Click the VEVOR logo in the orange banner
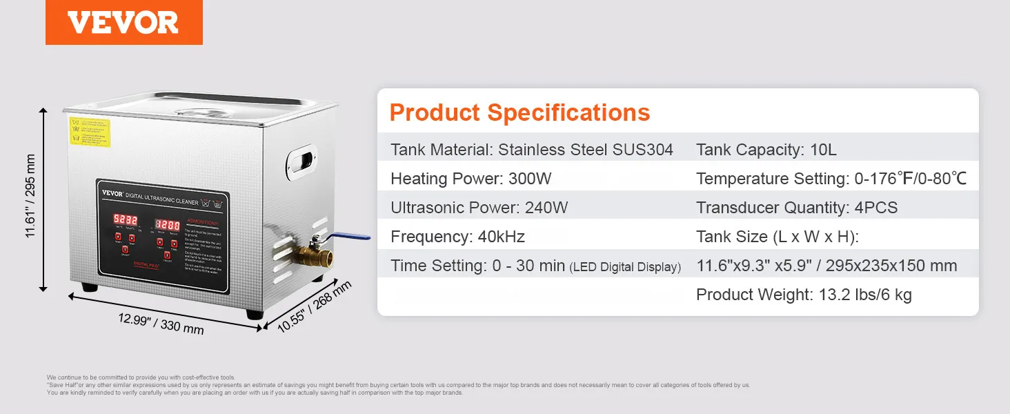click(x=123, y=23)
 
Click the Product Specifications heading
click(x=519, y=112)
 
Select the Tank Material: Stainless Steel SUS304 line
click(x=531, y=150)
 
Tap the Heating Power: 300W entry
click(x=471, y=179)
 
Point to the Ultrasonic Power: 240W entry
click(x=479, y=208)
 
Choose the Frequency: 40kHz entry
click(x=457, y=237)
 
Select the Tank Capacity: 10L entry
click(x=766, y=150)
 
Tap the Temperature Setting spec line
click(x=831, y=179)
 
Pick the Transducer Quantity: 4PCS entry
click(x=797, y=208)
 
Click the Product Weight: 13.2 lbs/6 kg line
click(x=804, y=295)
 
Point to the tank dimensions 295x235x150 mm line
click(x=826, y=266)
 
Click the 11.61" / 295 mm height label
click(x=30, y=196)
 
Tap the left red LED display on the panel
click(x=126, y=219)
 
